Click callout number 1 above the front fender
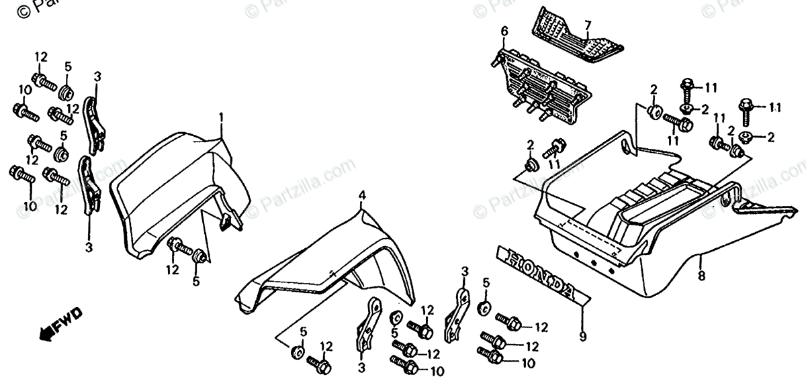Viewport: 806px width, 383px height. pyautogui.click(x=220, y=118)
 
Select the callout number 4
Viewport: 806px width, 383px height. pyautogui.click(x=361, y=195)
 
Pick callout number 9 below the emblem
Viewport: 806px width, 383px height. pyautogui.click(x=582, y=334)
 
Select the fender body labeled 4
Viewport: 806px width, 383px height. pyautogui.click(x=336, y=262)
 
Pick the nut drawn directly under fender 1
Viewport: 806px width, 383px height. pyautogui.click(x=199, y=256)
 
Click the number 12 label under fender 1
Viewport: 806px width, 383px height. pyautogui.click(x=173, y=270)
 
